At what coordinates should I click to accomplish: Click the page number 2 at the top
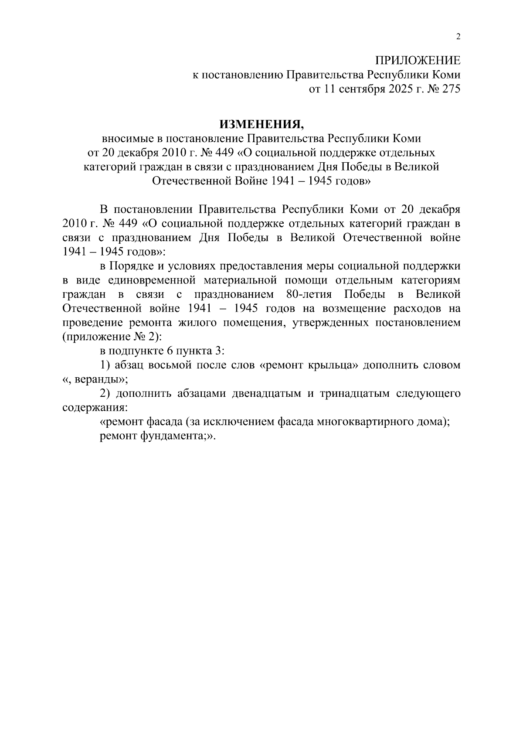click(458, 37)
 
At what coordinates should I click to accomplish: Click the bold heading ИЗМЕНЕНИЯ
click(261, 125)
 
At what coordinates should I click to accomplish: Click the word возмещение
click(354, 309)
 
